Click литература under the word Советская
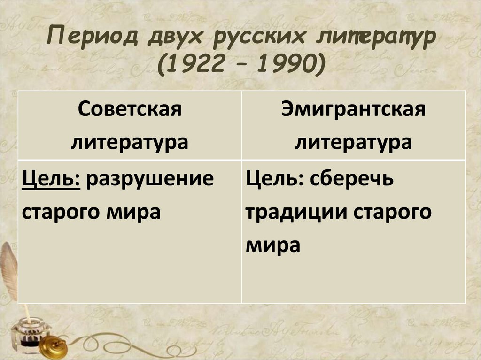(130, 141)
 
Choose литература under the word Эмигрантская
(353, 141)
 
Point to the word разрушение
(147, 180)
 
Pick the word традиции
(295, 212)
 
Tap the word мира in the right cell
(272, 244)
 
